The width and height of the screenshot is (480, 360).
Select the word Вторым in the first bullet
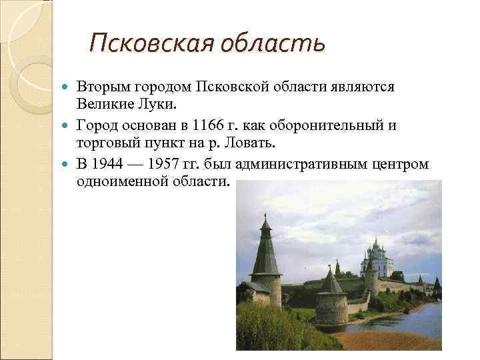(100, 87)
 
